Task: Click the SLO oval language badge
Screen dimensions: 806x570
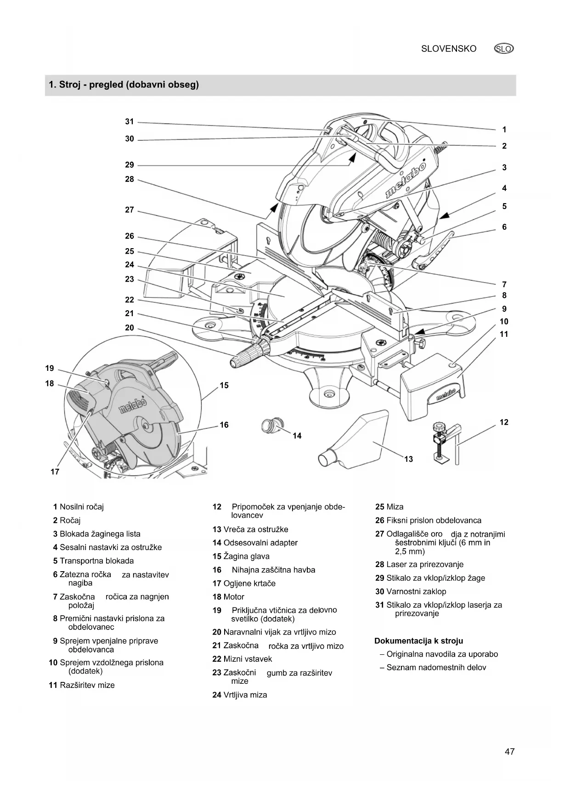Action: [x=504, y=49]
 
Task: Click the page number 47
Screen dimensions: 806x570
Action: [x=509, y=752]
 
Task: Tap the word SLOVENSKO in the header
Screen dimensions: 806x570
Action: [x=449, y=49]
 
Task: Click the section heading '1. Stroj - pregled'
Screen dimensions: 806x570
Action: [x=124, y=85]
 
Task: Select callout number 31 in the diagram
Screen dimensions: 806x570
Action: [x=130, y=122]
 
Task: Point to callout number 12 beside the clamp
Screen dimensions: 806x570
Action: [x=504, y=422]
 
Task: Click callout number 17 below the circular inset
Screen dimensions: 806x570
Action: [x=55, y=471]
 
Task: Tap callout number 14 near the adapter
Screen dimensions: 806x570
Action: [x=297, y=436]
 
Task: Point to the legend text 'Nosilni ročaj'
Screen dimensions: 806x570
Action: [x=82, y=507]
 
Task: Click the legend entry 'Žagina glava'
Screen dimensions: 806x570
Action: [x=246, y=556]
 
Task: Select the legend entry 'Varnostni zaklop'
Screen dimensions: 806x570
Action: [x=416, y=591]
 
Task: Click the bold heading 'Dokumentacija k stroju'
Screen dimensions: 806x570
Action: [x=418, y=641]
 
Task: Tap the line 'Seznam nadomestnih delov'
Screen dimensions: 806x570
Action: [x=436, y=667]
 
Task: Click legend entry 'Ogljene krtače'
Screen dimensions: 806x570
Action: [x=249, y=583]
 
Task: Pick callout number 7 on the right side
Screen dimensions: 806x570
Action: [x=504, y=284]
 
